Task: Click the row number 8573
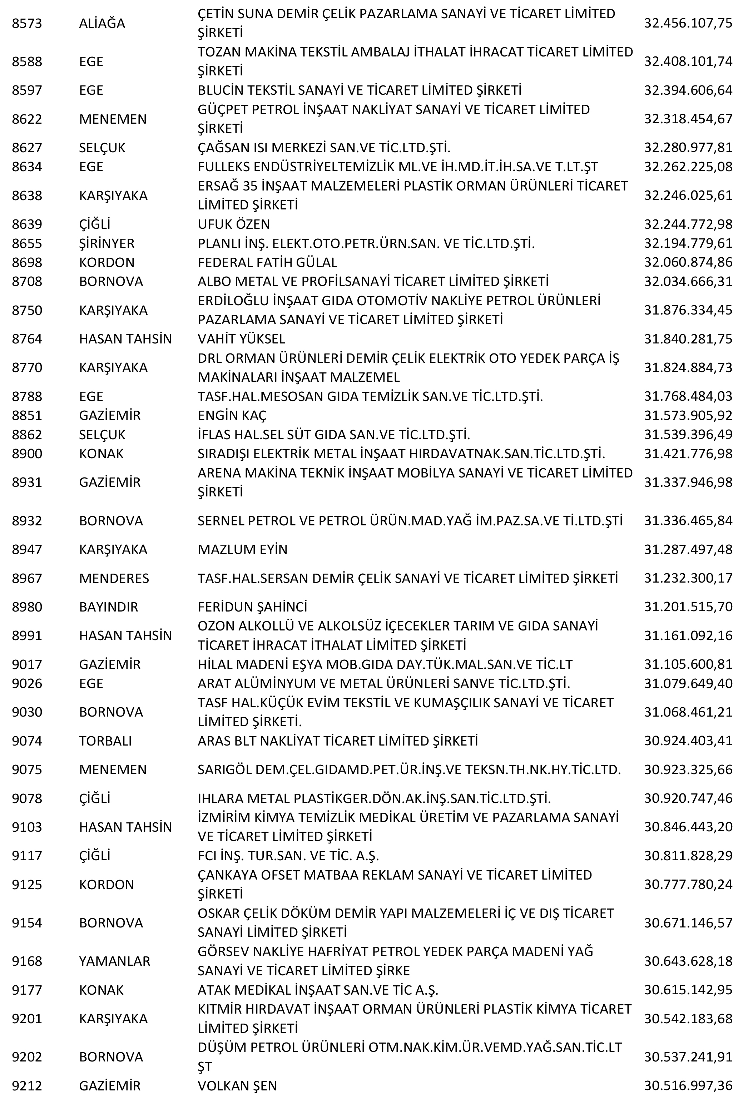[x=27, y=24]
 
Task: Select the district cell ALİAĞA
[x=102, y=24]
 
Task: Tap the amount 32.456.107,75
[x=688, y=24]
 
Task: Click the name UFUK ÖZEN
[x=233, y=224]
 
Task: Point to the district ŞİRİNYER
[x=106, y=243]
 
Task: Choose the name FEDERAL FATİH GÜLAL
[x=267, y=262]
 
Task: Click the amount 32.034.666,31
[x=688, y=282]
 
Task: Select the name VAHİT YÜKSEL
[x=241, y=339]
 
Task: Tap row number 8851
[x=27, y=415]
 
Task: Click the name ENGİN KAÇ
[x=232, y=415]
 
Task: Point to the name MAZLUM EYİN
[x=242, y=549]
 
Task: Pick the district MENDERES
[x=114, y=578]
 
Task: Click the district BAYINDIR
[x=108, y=607]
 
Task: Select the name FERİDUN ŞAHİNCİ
[x=252, y=607]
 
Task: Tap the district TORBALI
[x=105, y=741]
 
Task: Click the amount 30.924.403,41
[x=688, y=741]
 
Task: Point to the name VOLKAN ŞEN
[x=237, y=1086]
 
